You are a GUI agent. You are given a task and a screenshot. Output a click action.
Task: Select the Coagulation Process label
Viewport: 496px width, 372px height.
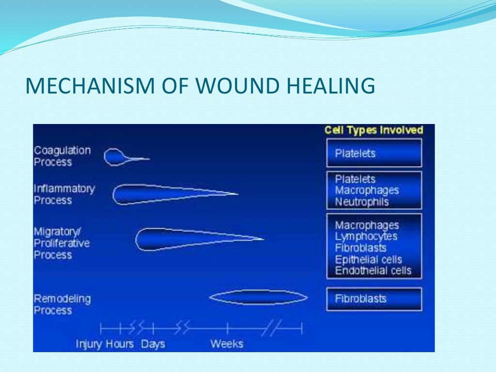62,156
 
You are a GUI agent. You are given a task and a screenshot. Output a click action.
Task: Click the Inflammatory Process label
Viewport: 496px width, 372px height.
64,194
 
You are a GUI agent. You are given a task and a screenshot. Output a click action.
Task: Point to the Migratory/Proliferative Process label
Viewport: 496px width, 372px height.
62,243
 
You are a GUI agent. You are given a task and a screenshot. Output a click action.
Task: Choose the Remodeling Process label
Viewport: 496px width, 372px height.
62,304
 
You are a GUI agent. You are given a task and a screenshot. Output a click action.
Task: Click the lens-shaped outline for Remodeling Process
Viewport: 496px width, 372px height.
258,297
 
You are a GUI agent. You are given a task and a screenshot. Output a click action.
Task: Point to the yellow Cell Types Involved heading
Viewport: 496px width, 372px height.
373,130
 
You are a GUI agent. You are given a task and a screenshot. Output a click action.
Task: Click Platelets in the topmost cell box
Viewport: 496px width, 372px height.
355,154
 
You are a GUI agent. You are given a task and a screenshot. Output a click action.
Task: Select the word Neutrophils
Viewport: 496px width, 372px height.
362,202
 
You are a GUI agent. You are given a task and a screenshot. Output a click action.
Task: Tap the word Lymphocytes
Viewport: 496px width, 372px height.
366,236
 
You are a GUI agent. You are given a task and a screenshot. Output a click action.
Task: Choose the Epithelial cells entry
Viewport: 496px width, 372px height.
368,259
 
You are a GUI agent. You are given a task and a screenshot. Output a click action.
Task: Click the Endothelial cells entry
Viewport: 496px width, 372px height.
373,270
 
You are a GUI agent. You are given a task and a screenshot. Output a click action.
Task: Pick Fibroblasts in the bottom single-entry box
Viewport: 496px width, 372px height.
360,299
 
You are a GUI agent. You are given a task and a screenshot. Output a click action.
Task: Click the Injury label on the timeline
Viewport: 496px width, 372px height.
90,344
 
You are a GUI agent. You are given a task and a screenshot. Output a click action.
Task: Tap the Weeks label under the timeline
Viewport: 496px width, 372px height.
226,344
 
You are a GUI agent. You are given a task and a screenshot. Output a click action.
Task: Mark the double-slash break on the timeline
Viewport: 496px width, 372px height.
269,329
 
